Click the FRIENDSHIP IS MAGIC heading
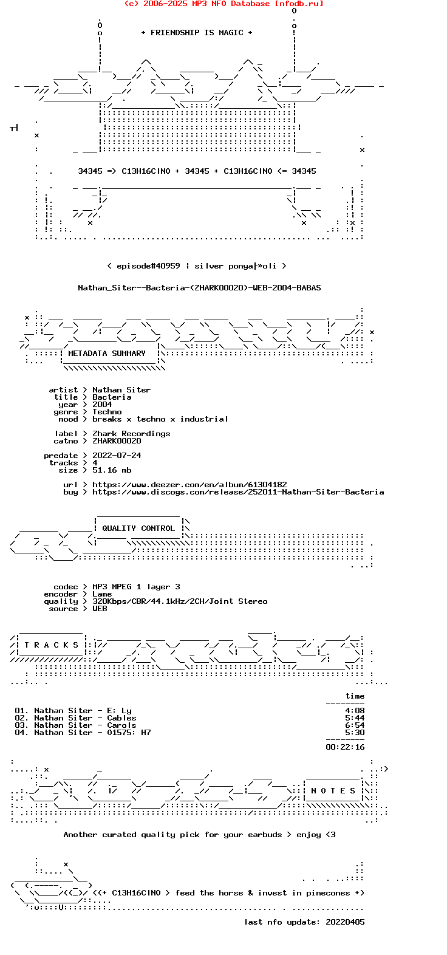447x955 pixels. (197, 33)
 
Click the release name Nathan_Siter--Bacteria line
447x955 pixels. (199, 288)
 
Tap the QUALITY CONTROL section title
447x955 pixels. (138, 529)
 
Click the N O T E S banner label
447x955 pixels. (333, 791)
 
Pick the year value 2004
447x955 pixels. (102, 405)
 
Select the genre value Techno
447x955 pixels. (107, 412)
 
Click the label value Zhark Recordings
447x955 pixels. (131, 434)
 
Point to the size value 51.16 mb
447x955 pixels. (112, 470)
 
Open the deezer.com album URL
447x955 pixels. (189, 485)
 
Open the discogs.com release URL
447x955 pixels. (238, 492)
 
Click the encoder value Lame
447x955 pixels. (102, 594)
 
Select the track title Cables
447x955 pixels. (121, 718)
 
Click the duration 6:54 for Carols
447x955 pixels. (355, 725)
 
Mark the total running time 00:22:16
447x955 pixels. (345, 747)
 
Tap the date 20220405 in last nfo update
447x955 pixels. (345, 922)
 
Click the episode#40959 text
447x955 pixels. (148, 266)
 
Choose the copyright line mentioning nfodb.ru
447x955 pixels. (223, 4)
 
